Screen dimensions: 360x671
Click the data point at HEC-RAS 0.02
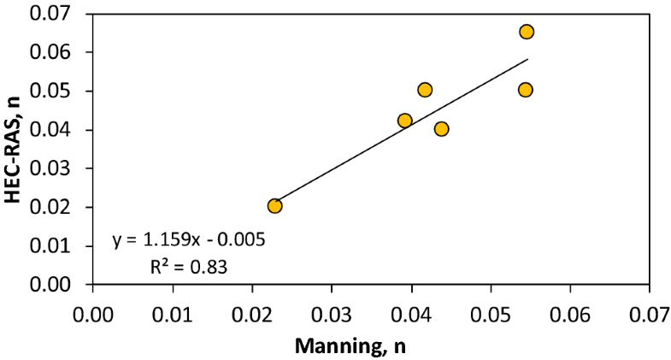(x=274, y=206)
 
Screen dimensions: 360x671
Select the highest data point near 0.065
(x=527, y=32)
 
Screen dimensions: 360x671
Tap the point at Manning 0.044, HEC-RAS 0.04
(x=441, y=129)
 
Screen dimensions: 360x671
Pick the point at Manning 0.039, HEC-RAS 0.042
(x=405, y=121)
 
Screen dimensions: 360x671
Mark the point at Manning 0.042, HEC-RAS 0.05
(x=425, y=90)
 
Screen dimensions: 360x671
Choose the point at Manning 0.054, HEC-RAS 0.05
(x=526, y=90)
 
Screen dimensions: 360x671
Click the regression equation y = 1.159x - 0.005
(x=188, y=239)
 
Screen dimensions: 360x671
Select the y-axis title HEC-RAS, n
(x=14, y=150)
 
